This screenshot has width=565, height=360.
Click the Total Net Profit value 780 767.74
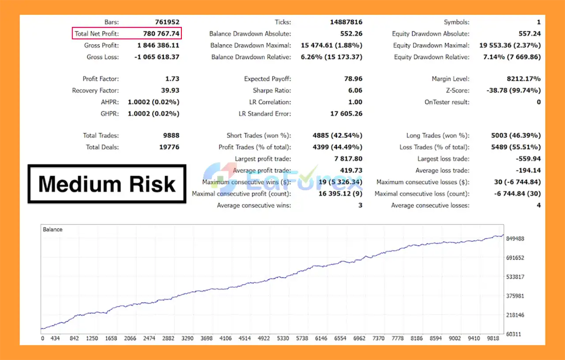161,34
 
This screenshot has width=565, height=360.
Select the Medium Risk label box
107,184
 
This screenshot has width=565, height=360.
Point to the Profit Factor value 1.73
172,79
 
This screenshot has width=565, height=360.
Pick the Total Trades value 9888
169,135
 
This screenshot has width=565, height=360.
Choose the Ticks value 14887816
346,22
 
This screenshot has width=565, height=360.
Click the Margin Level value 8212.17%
523,79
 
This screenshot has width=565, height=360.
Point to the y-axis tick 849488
515,239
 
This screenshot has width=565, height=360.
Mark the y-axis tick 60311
513,334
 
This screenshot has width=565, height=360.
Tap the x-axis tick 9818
493,339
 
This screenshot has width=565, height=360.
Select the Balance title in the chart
53,229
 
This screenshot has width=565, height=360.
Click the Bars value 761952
167,22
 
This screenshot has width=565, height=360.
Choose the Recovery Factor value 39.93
170,90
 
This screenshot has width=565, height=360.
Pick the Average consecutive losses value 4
539,205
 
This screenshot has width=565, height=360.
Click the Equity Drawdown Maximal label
431,45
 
